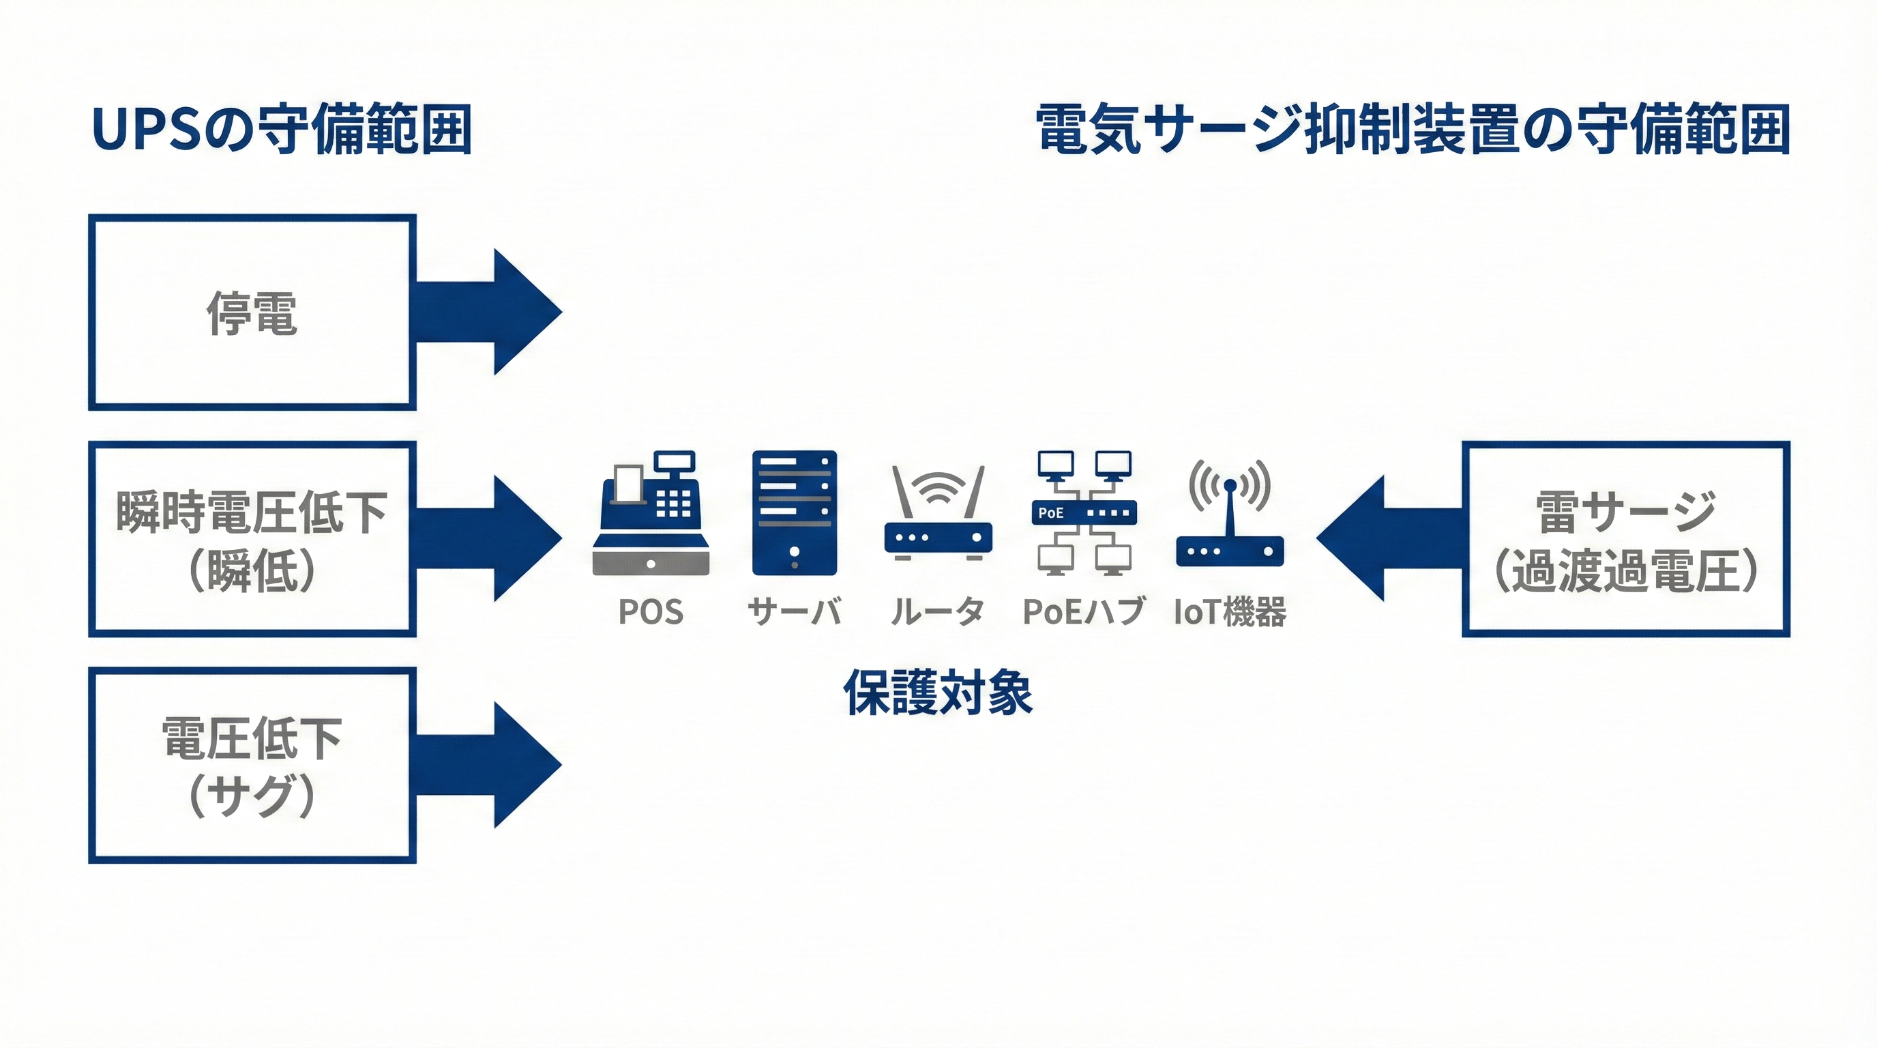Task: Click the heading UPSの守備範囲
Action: point(281,130)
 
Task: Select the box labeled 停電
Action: point(252,312)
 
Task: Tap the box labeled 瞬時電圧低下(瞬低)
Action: point(252,538)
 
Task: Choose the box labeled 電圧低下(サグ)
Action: point(252,766)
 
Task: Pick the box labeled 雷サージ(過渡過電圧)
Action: point(1625,538)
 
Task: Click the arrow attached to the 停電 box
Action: point(495,312)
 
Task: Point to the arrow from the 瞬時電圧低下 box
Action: point(495,538)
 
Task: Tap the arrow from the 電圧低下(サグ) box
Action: point(495,766)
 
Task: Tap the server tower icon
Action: point(794,513)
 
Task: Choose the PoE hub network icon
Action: point(1084,513)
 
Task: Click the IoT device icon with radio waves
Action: point(1230,513)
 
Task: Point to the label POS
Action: point(651,611)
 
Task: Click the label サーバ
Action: point(794,611)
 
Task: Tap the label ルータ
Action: point(938,611)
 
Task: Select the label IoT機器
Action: point(1230,611)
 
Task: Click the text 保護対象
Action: point(938,693)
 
